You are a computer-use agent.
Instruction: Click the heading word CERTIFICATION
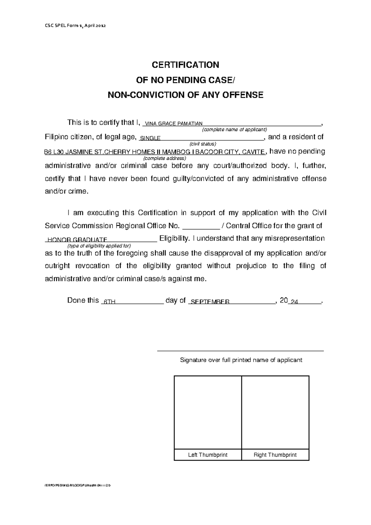pyautogui.click(x=185, y=65)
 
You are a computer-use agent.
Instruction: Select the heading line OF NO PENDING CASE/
pyautogui.click(x=185, y=80)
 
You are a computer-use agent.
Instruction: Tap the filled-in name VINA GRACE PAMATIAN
pyautogui.click(x=173, y=124)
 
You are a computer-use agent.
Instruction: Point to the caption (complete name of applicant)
pyautogui.click(x=234, y=130)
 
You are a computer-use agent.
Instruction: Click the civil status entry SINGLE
pyautogui.click(x=150, y=139)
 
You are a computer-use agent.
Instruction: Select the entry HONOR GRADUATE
pyautogui.click(x=77, y=240)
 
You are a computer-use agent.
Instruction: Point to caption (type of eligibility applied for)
pyautogui.click(x=99, y=246)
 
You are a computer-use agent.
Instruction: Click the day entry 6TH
pyautogui.click(x=109, y=302)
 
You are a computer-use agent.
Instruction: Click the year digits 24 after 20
pyautogui.click(x=294, y=302)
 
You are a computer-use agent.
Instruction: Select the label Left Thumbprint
pyautogui.click(x=208, y=455)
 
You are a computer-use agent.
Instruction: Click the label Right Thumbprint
pyautogui.click(x=275, y=455)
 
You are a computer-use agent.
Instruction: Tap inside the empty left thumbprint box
pyautogui.click(x=208, y=412)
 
